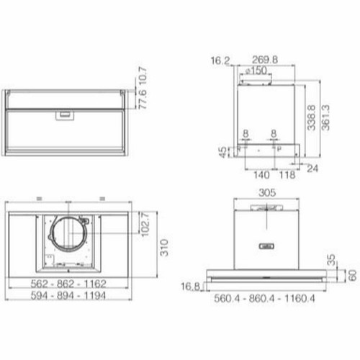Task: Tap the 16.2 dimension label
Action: (x=220, y=61)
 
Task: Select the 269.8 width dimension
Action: (x=266, y=61)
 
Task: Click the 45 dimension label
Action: (x=223, y=151)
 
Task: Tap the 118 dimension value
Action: (x=287, y=174)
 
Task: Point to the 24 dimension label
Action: (x=312, y=168)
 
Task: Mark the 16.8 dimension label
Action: (x=191, y=287)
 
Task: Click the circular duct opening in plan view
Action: (x=67, y=234)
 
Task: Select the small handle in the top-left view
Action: (x=64, y=113)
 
